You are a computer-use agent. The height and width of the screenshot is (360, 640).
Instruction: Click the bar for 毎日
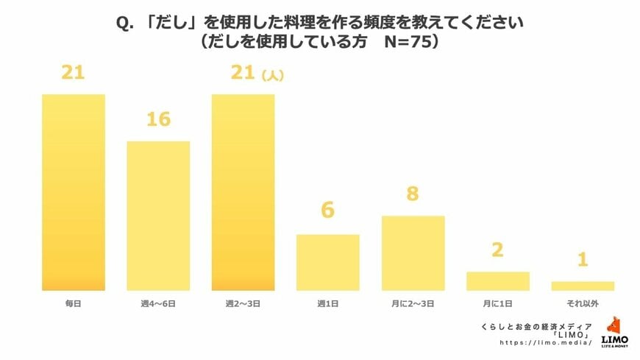tap(74, 192)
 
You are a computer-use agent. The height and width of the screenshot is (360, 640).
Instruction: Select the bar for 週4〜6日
tap(158, 216)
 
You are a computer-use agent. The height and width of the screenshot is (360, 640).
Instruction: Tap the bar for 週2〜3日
tap(243, 192)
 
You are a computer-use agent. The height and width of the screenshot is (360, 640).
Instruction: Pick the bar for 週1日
tap(327, 262)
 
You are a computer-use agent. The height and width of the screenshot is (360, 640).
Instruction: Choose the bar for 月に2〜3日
tap(413, 253)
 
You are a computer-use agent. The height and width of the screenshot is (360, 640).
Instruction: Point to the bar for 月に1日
tap(497, 281)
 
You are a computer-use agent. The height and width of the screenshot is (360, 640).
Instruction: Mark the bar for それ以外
tap(582, 286)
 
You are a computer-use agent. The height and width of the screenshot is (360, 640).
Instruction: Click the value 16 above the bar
tap(158, 119)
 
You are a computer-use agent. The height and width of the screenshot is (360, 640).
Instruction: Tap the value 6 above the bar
tap(327, 211)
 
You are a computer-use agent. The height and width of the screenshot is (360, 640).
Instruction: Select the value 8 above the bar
tap(413, 194)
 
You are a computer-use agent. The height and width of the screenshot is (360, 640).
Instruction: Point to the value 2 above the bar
tap(497, 250)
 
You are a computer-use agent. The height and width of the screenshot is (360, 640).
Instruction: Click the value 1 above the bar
tap(582, 260)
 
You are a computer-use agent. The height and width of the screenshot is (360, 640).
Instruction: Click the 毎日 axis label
tap(74, 303)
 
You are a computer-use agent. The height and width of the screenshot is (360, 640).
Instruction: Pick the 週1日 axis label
tap(327, 303)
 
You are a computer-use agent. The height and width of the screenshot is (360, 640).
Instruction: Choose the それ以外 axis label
tap(582, 303)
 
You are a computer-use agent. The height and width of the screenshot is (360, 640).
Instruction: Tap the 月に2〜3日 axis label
tap(413, 303)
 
